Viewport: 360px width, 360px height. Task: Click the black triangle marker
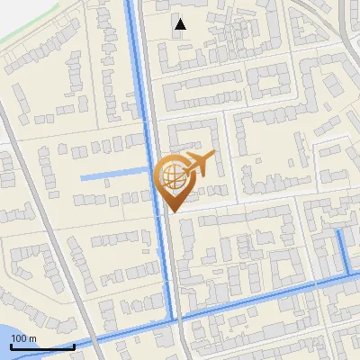pos(180,24)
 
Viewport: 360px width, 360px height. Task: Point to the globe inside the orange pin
pos(170,174)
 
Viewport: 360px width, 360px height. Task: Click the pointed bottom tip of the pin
pos(171,211)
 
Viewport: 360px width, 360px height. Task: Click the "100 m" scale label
pos(23,338)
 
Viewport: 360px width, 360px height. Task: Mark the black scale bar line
pos(42,346)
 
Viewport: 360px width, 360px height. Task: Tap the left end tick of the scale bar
pos(11,344)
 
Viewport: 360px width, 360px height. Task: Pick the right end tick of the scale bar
pos(74,344)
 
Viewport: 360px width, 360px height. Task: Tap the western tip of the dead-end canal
pos(82,177)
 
